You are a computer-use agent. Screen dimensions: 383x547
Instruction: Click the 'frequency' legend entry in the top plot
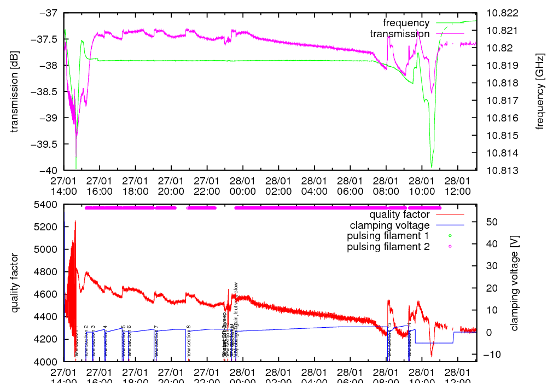[x=406, y=23]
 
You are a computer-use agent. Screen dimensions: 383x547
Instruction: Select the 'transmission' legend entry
[x=399, y=34]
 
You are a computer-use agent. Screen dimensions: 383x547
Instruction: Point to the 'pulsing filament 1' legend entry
[x=388, y=236]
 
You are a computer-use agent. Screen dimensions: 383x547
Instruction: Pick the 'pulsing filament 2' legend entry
[x=388, y=247]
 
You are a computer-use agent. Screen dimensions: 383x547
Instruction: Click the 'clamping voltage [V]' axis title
[x=514, y=283]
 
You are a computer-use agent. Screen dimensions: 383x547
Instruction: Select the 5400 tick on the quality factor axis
[x=47, y=205]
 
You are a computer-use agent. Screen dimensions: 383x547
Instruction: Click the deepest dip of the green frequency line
[x=432, y=167]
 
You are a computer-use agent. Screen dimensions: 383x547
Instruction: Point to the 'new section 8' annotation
[x=189, y=342]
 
